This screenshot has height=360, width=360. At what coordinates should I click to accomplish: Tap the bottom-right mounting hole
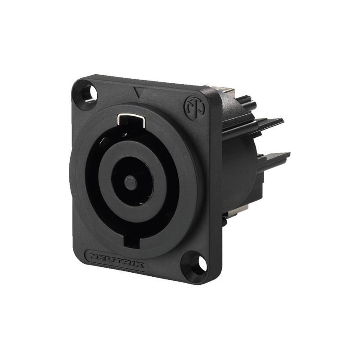pos(197,264)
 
